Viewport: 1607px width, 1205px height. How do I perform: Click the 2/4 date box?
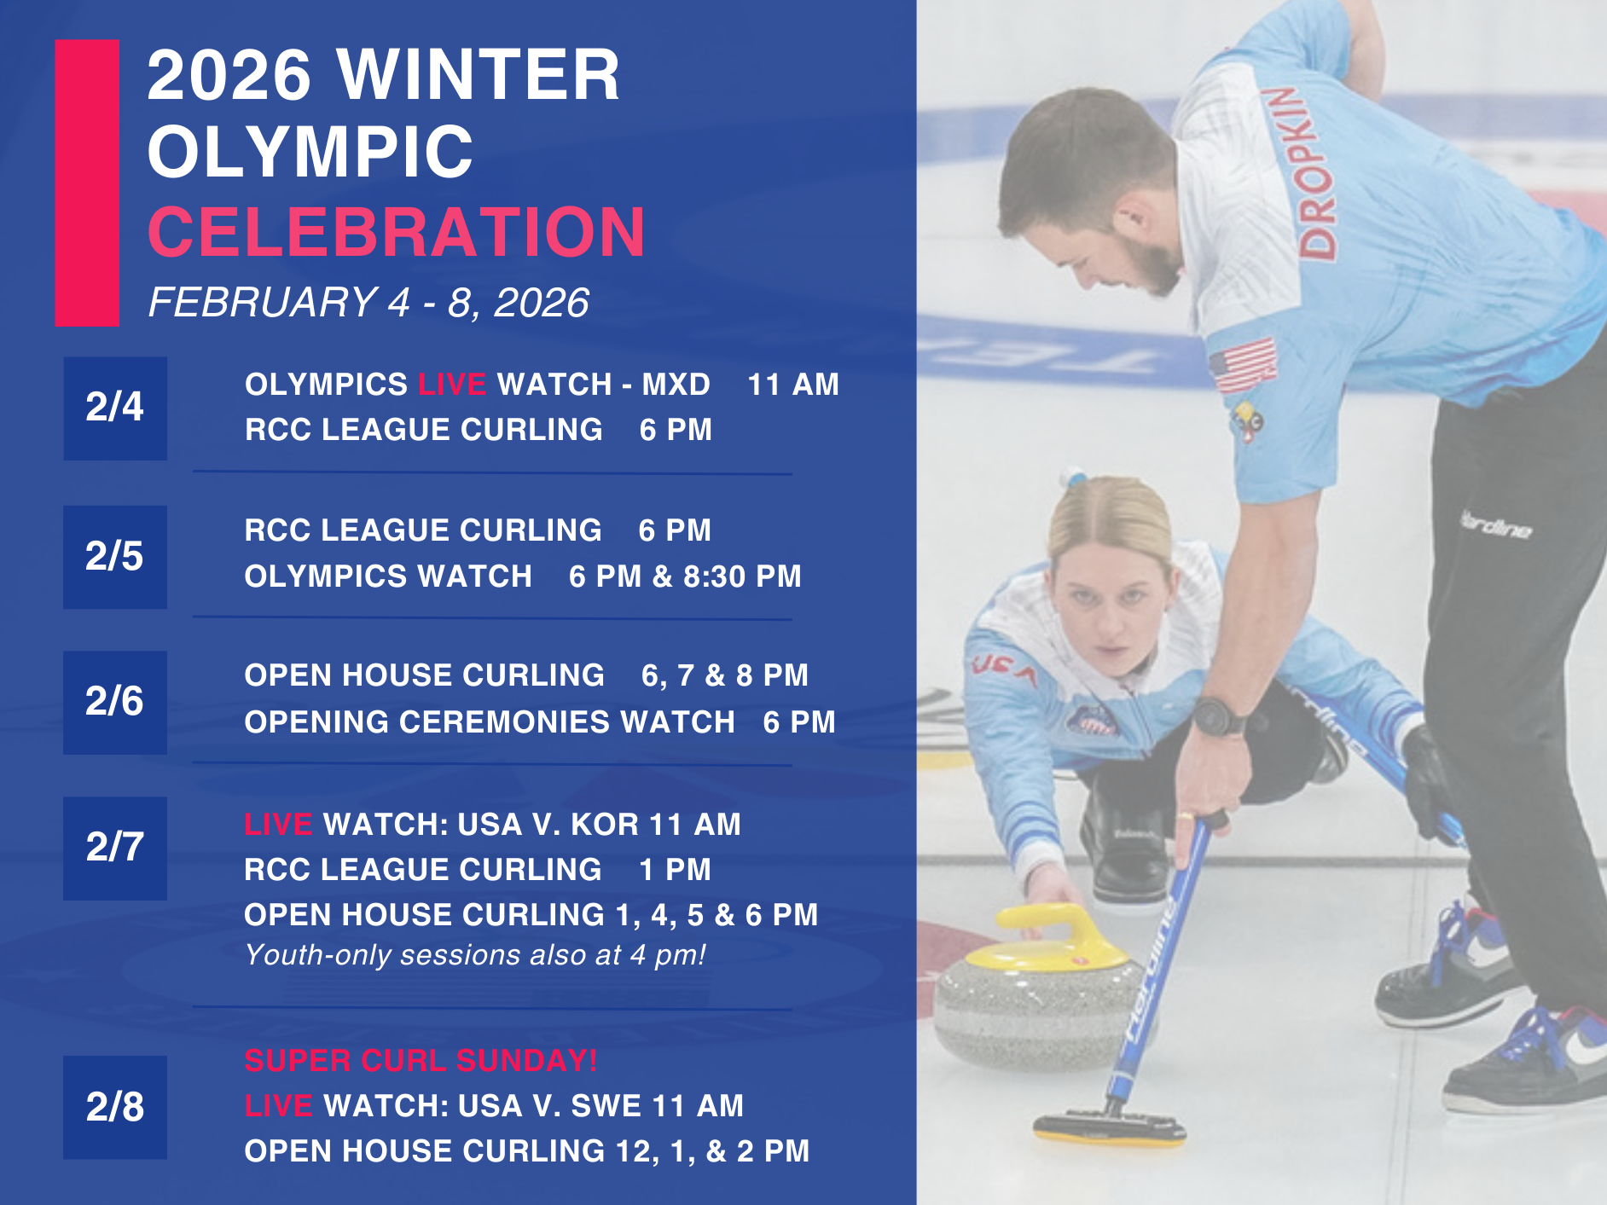coord(115,408)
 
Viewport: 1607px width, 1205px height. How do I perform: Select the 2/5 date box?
coord(115,557)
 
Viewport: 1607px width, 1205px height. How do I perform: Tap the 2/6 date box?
coord(115,703)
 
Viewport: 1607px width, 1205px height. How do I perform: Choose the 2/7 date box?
coord(115,849)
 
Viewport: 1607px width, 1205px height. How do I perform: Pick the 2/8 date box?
coord(115,1107)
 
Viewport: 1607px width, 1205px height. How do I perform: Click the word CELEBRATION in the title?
coord(397,231)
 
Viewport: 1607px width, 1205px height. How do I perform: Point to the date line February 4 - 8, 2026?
coord(368,303)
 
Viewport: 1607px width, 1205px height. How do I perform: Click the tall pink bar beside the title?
coord(87,182)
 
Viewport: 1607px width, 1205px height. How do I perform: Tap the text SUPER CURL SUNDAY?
coord(421,1060)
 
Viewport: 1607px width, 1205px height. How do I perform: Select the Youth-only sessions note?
coord(475,955)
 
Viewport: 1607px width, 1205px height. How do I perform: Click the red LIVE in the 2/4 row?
coord(452,385)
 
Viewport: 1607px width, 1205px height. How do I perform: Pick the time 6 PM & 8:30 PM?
coord(685,576)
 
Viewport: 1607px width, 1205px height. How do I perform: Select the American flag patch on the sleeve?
coord(1244,365)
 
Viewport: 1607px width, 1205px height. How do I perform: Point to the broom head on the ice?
coord(1110,1126)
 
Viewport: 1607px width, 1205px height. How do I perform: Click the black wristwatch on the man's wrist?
coord(1219,716)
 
